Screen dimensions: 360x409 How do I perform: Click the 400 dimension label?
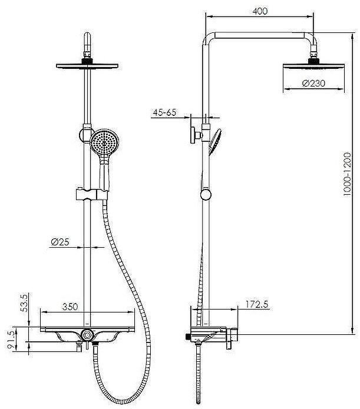click(x=260, y=11)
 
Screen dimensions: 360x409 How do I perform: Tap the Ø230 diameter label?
click(x=313, y=84)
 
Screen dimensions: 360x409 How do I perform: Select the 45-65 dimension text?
click(x=164, y=112)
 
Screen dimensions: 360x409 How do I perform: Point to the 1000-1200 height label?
click(x=348, y=174)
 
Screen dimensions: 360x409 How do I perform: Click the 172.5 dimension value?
click(x=257, y=304)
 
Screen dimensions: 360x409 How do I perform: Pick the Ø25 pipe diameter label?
click(x=60, y=242)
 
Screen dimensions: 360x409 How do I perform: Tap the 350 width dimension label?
click(x=70, y=307)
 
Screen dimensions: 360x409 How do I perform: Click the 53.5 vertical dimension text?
click(x=24, y=302)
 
